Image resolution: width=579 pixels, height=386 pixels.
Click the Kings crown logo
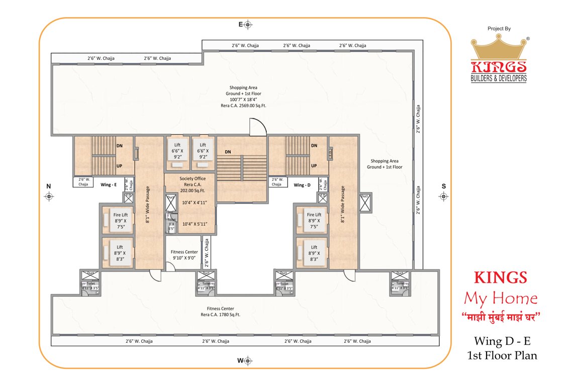point(499,50)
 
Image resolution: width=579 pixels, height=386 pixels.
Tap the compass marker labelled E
point(248,25)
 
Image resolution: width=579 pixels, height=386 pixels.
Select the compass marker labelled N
point(49,197)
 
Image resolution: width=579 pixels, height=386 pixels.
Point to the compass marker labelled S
point(443,197)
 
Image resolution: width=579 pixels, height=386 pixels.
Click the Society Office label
point(192,178)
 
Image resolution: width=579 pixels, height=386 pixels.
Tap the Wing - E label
point(109,184)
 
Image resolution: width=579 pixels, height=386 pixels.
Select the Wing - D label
point(303,184)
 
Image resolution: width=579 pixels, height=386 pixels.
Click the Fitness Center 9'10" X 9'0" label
point(184,255)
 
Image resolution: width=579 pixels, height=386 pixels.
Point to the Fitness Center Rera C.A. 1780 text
point(220,315)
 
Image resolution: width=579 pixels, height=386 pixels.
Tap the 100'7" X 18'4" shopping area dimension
point(245,100)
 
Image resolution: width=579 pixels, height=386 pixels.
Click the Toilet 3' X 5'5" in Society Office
point(171,224)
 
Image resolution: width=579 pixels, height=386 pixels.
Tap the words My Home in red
point(500,299)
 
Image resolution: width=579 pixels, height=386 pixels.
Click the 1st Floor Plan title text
point(502,355)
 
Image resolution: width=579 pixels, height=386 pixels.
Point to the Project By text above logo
point(499,29)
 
